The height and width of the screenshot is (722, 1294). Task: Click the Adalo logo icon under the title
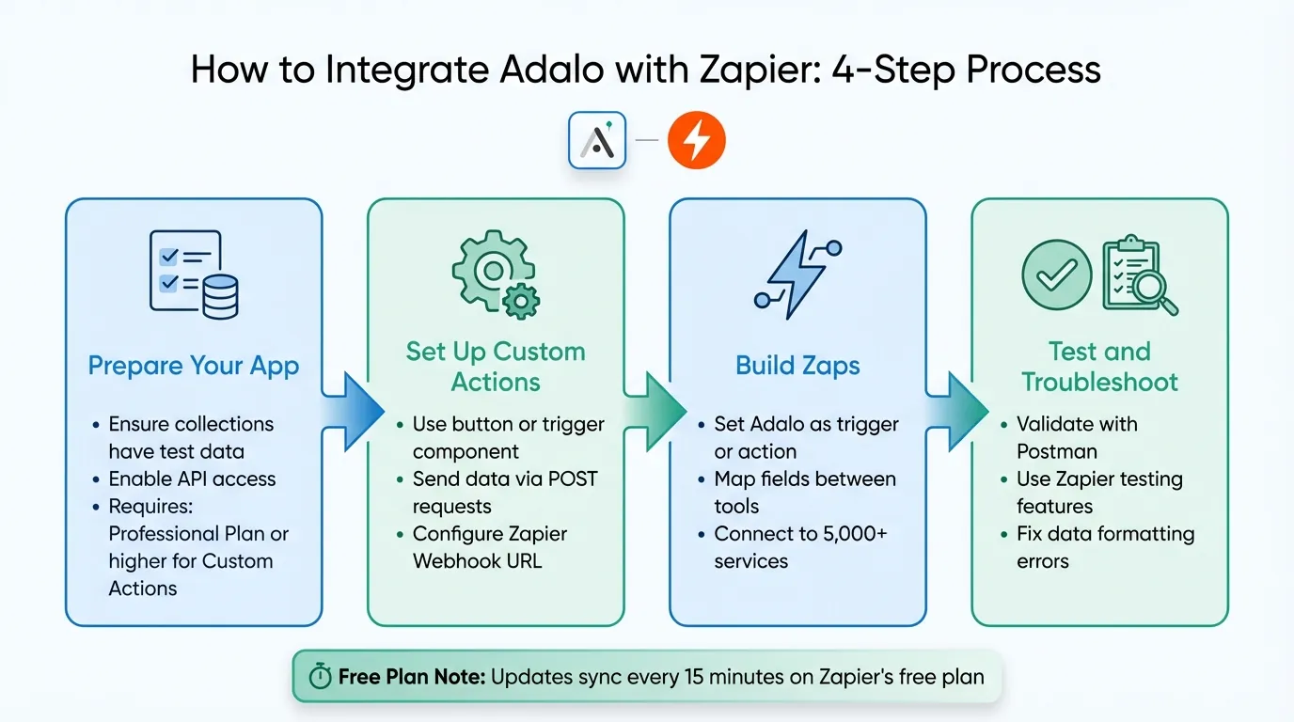[x=597, y=141]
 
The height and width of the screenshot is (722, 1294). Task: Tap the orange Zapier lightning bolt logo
[x=696, y=141]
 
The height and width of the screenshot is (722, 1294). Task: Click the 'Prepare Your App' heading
[x=194, y=366]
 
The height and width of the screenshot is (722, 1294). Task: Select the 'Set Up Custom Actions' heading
[x=496, y=367]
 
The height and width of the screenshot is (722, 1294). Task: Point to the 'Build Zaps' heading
[x=797, y=366]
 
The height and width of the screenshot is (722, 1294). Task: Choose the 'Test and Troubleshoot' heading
[x=1099, y=367]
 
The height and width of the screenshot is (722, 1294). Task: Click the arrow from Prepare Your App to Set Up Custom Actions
[x=353, y=411]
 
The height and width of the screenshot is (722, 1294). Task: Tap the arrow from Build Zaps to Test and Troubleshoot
[x=957, y=411]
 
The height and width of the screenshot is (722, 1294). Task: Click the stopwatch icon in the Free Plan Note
[x=320, y=677]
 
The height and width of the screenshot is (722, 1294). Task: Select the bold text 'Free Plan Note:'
[x=411, y=677]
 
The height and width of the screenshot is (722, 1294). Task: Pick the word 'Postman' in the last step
[x=1057, y=451]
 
